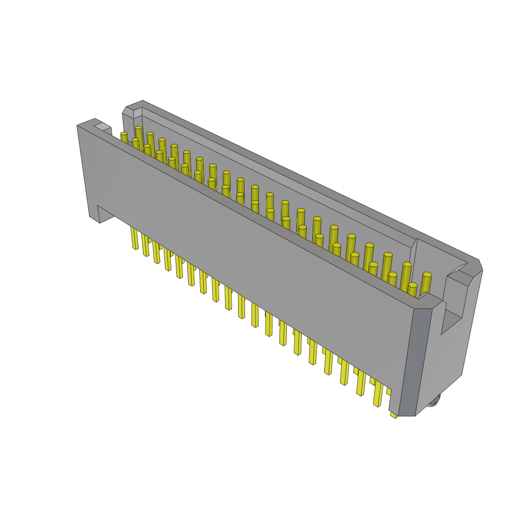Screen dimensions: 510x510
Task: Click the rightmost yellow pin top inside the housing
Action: coord(427,275)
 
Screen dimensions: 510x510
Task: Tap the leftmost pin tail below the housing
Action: coord(134,239)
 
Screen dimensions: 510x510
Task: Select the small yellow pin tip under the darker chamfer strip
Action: coord(393,414)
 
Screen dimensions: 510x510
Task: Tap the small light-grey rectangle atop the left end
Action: coord(103,127)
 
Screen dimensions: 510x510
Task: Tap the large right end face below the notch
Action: coord(443,364)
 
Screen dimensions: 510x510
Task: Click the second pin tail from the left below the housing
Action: coord(145,246)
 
